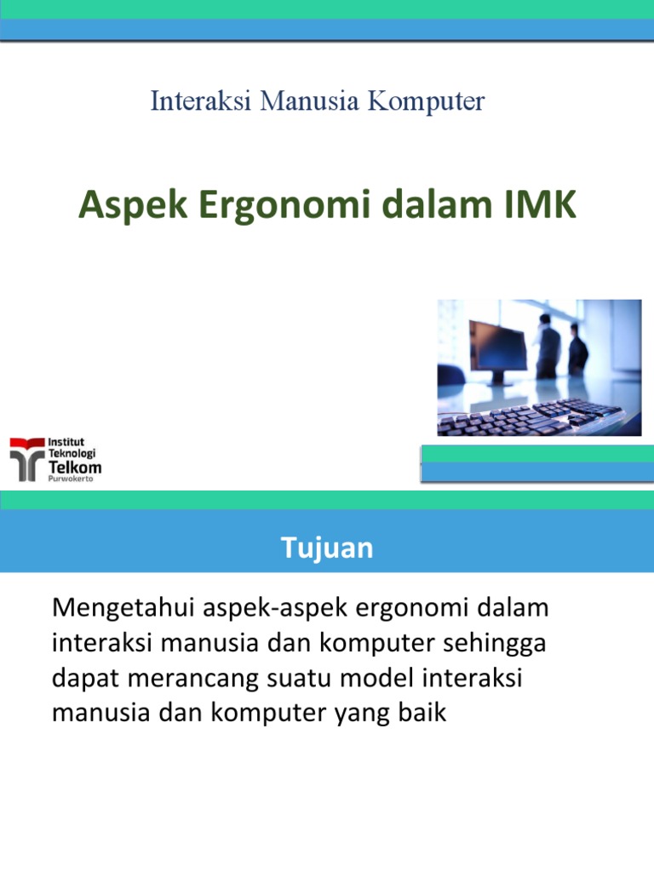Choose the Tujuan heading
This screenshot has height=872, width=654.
tap(327, 548)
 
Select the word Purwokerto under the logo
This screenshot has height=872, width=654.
tap(70, 479)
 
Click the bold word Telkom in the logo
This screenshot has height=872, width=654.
tap(75, 468)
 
